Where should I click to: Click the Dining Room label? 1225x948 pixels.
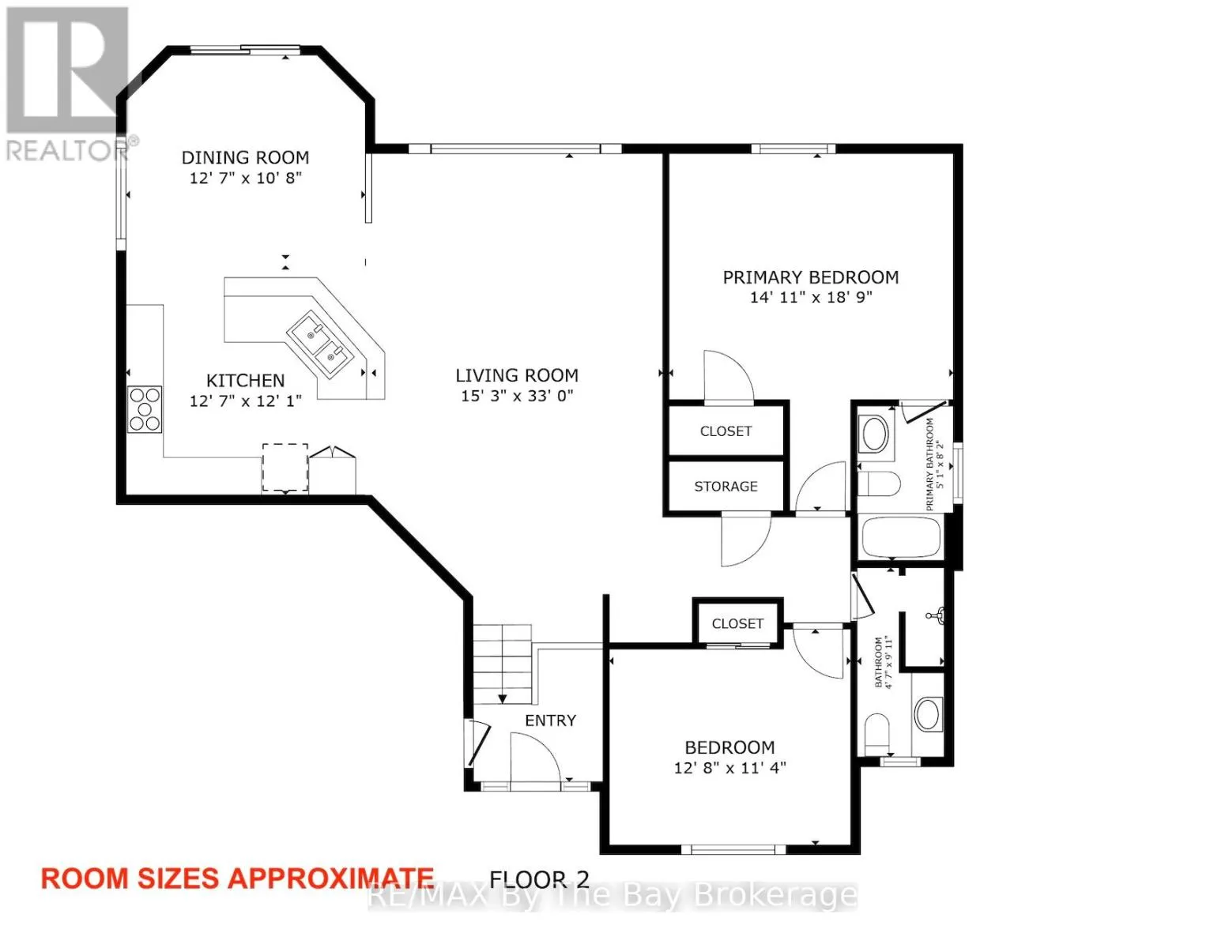[245, 158]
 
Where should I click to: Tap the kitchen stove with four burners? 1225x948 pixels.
[145, 409]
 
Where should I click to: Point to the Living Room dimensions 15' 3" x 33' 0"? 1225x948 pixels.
[517, 396]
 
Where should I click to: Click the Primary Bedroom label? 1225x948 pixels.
[811, 277]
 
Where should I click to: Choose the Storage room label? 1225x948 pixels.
[726, 486]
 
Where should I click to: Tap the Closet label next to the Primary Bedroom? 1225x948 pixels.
[726, 431]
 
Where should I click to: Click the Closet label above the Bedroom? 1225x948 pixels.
[737, 623]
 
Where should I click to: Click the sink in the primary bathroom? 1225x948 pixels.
[876, 434]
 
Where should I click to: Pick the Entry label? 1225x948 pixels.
[550, 720]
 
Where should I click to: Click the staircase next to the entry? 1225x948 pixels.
[503, 664]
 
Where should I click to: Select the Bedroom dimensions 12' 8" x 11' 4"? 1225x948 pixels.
[729, 769]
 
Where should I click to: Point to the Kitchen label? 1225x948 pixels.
[245, 381]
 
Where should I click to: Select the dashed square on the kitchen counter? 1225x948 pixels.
[285, 468]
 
